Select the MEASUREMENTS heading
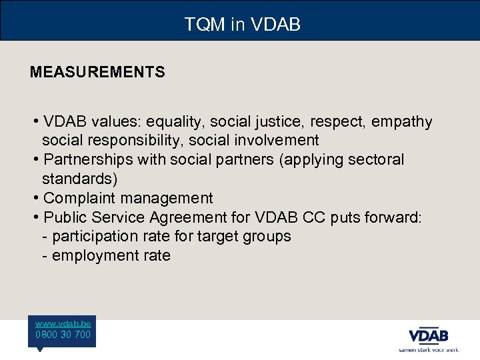tap(97, 72)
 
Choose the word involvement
tap(279, 141)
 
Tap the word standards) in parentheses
tap(79, 179)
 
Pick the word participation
tap(96, 237)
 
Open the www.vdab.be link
tap(63, 323)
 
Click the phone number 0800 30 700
tap(63, 334)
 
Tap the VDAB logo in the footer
tap(428, 335)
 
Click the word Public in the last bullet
tap(65, 217)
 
